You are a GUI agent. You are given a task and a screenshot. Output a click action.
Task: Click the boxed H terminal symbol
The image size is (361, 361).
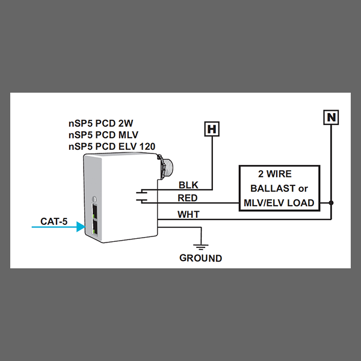pos(212,129)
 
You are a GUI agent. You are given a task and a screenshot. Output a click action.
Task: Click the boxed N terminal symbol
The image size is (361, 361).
pos(331,117)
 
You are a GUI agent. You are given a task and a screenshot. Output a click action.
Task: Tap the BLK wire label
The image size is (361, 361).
pos(188,185)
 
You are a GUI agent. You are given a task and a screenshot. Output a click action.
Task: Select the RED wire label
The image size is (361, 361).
pos(187,198)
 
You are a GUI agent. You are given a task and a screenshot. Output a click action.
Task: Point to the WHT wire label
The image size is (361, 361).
pos(188,214)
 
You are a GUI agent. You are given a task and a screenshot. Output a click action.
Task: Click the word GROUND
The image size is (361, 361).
pos(200,258)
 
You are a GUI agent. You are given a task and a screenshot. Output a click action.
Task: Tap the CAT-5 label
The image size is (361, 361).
pos(54,221)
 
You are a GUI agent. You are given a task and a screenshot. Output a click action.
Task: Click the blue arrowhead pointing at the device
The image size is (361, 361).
pos(81,227)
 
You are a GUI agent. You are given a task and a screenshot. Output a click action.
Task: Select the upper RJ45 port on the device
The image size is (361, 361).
pos(94,211)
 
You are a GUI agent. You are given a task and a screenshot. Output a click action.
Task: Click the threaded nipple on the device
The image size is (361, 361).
pos(166,167)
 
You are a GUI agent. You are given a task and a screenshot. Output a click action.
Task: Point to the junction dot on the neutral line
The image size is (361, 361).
pos(331,203)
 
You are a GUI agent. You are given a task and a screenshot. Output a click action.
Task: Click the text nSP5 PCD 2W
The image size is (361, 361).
pos(101,123)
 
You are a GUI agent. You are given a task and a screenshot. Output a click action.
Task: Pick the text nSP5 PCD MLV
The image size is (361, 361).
pos(103,135)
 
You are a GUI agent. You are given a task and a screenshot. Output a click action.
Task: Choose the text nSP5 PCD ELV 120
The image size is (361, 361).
pos(112,146)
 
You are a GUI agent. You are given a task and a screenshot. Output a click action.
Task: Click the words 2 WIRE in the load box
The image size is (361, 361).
pos(275,174)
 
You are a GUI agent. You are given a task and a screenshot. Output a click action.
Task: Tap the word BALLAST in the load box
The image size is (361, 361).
pos(273,188)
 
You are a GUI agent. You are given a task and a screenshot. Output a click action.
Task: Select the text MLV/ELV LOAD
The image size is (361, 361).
pos(279,203)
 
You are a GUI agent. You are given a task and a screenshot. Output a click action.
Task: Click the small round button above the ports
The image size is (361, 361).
pos(94,199)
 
